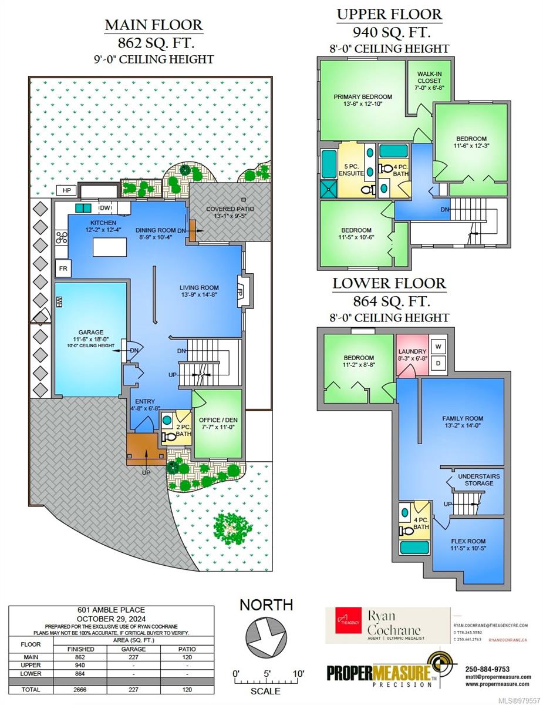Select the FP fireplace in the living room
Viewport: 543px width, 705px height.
coord(240,290)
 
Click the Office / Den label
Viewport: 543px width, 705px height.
coord(217,424)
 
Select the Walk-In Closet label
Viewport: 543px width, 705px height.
coord(430,80)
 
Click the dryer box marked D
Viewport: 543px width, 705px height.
coord(437,364)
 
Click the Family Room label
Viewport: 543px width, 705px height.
coord(463,422)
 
